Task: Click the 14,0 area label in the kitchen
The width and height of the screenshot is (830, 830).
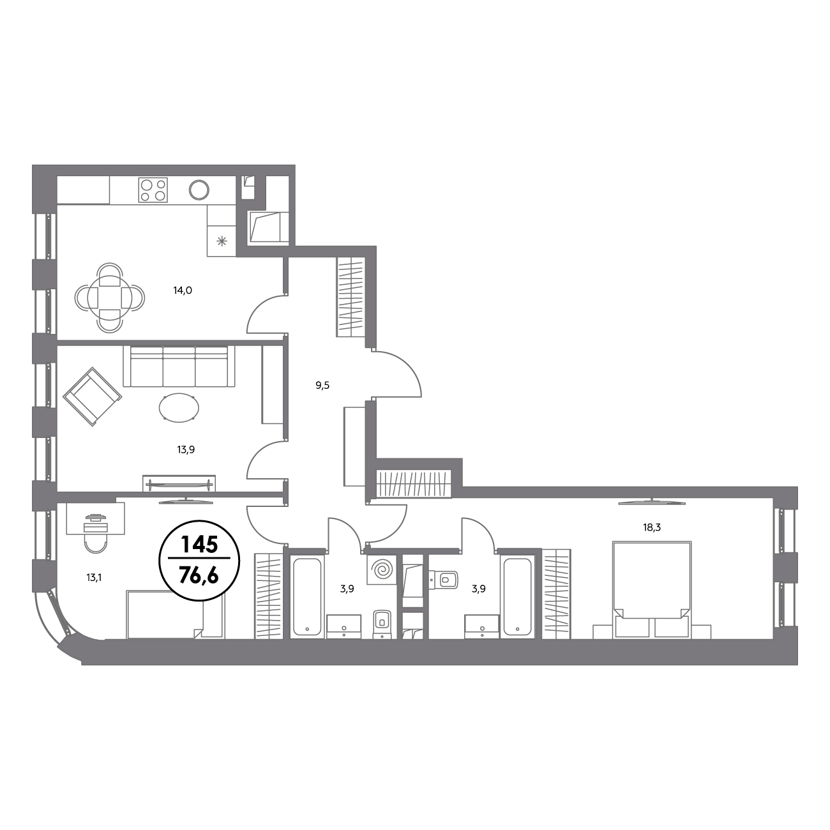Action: pos(183,290)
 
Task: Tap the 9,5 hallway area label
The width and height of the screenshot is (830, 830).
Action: pos(322,386)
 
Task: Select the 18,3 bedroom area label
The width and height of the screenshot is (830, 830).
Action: pos(652,527)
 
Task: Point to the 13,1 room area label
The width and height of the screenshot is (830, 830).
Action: pos(94,578)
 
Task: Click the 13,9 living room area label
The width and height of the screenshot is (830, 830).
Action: pos(186,449)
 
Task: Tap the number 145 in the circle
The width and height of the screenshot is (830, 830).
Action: pos(199,545)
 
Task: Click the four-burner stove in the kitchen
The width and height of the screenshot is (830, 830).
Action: pos(153,190)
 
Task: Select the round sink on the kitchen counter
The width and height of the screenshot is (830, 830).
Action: pos(199,190)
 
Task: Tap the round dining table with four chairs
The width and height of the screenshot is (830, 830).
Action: pos(109,297)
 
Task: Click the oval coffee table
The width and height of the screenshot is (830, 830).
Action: pos(179,407)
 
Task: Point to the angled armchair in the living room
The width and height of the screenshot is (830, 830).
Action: pos(92,396)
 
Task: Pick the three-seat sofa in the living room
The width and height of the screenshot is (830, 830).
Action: pos(179,366)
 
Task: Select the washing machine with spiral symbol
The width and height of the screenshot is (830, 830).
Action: pos(382,570)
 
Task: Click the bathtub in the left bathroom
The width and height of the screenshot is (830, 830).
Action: pos(307,596)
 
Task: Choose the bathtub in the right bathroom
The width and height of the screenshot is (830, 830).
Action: pos(517,596)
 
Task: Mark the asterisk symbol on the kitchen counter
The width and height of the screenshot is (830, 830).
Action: pos(222,241)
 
